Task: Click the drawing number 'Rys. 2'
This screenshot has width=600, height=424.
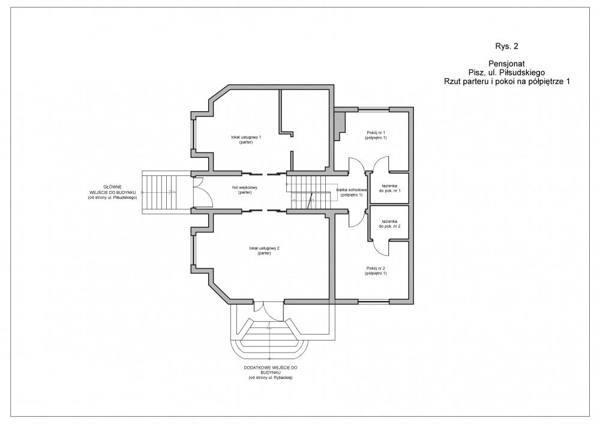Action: [x=502, y=45]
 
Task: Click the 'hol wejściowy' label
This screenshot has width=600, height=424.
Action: [x=245, y=190]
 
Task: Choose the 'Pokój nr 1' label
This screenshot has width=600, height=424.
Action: [x=376, y=135]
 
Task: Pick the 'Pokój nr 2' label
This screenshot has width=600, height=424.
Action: [x=376, y=270]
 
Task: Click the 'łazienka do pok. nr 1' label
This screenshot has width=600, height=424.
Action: [x=389, y=188]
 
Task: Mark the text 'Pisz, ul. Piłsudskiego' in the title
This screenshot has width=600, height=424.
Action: [x=502, y=72]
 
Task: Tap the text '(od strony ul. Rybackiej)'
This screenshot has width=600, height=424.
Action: [x=274, y=379]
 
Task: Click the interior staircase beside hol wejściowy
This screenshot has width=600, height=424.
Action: [x=308, y=192]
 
